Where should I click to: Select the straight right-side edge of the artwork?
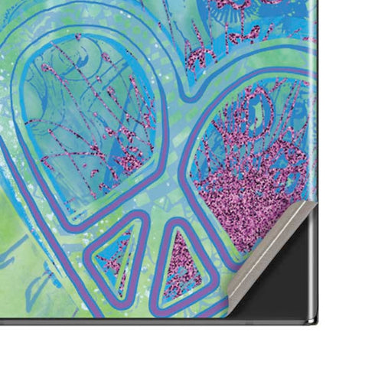[x=316, y=92]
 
